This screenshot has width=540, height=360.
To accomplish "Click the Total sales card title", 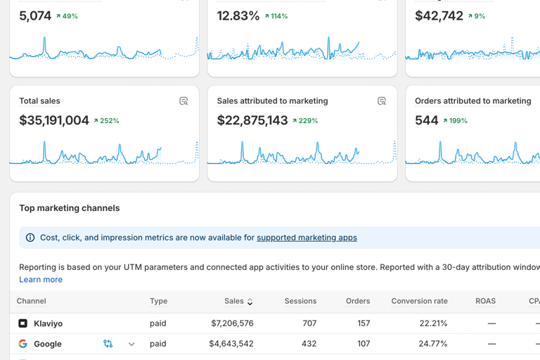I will point(39,101).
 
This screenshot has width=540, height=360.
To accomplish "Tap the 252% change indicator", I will point(107,121).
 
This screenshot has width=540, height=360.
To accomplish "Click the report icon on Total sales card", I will point(184,101).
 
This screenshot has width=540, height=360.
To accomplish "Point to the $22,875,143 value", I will point(252,121).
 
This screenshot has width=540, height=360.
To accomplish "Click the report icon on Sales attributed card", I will point(382,101).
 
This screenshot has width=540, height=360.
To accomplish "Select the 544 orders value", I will point(426,121).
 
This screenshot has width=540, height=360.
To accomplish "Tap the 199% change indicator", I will point(456,121).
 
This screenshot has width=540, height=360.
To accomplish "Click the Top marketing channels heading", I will point(69,208).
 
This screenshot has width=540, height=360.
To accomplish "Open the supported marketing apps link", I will point(307,238).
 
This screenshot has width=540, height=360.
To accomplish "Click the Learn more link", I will point(41,279).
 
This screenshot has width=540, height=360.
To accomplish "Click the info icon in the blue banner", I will point(30,238).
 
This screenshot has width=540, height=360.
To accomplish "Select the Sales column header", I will point(234,301).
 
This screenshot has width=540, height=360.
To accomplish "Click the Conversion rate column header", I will point(419,301).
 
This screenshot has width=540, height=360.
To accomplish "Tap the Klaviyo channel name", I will point(48,323).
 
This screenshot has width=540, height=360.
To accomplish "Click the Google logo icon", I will point(23,344).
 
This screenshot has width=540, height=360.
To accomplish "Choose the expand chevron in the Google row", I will point(131,345).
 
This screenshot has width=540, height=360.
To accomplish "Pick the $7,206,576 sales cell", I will point(232,323).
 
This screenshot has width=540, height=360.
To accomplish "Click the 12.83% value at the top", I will point(238,16).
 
